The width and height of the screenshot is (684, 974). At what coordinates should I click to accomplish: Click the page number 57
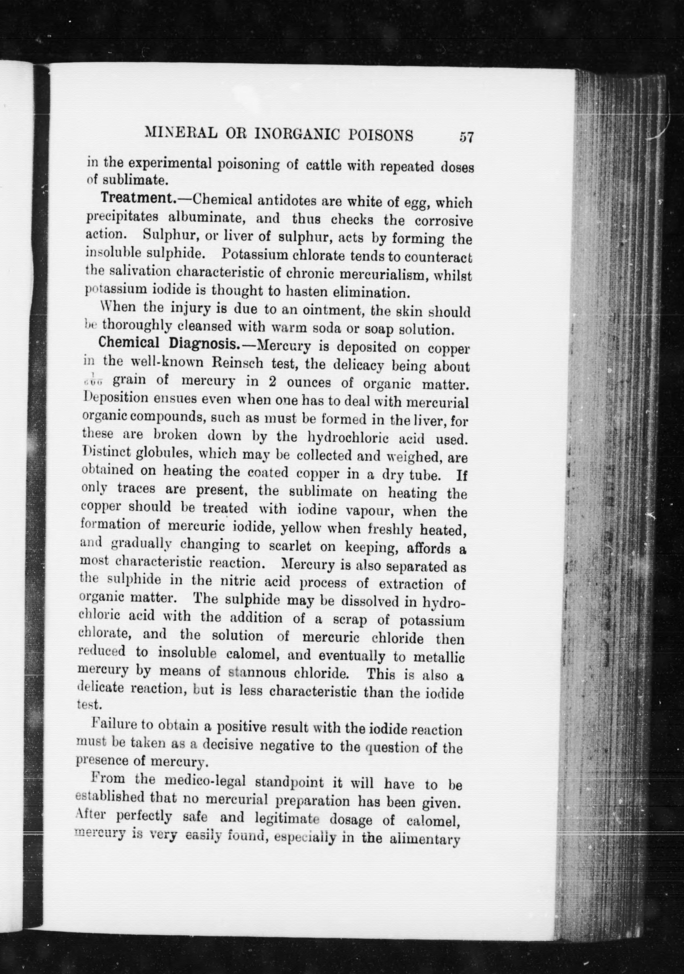click(466, 137)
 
